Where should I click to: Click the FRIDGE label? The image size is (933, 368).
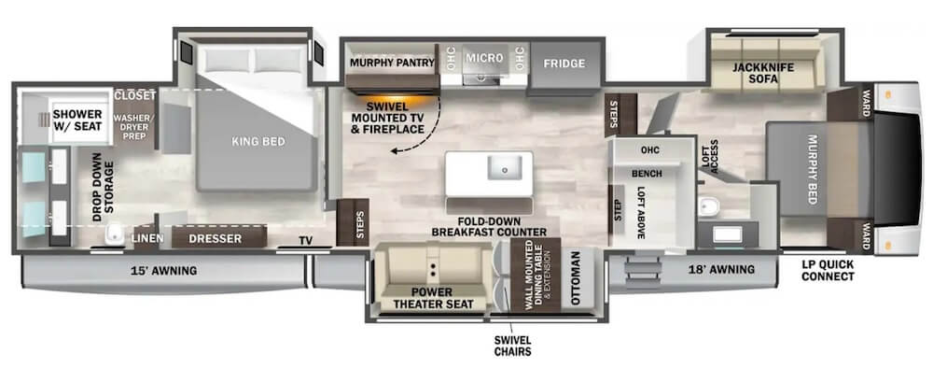(564, 64)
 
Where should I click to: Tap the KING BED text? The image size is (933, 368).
(258, 142)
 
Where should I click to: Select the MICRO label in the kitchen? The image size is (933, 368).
(484, 58)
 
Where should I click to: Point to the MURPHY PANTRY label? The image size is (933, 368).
(391, 63)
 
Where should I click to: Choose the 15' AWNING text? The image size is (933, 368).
(163, 271)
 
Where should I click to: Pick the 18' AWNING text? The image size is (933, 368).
(721, 269)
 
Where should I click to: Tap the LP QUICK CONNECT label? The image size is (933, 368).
(828, 270)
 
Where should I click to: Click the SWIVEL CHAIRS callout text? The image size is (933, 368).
(512, 347)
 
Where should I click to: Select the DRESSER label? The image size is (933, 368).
(215, 239)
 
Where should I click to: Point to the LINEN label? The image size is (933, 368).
(147, 239)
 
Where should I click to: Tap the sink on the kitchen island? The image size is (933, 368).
(505, 168)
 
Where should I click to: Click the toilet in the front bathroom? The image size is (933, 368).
(709, 206)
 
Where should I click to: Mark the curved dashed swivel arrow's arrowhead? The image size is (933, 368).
(395, 152)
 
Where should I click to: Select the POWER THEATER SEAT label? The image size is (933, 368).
(434, 298)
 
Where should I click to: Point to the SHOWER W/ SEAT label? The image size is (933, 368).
(77, 120)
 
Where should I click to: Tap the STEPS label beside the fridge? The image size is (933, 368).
(615, 113)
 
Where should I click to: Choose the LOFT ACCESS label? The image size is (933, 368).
(710, 156)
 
